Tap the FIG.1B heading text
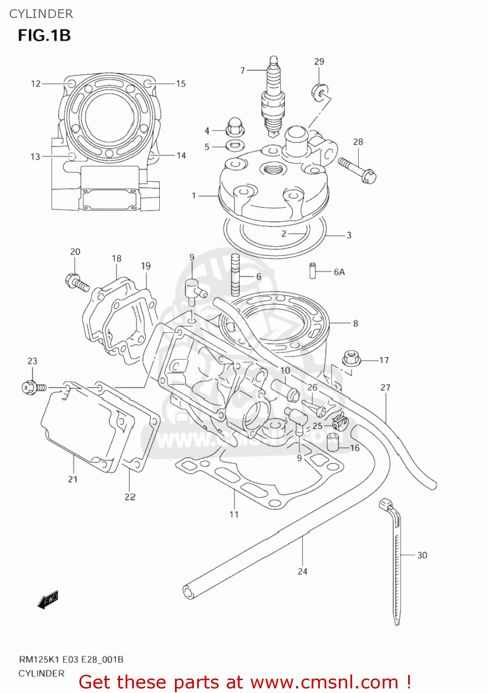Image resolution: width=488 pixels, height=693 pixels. tap(44, 36)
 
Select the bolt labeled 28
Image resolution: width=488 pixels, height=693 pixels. tap(357, 169)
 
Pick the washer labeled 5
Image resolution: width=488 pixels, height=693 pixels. tap(235, 146)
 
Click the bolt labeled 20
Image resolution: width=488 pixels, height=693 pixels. tap(77, 282)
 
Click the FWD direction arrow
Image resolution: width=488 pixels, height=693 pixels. tap(48, 599)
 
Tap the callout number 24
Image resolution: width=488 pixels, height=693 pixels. tap(302, 571)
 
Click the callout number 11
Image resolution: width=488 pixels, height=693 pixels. tap(234, 514)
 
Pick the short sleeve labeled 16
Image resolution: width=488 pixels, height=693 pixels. tap(333, 442)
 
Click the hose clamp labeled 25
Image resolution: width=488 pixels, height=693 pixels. tap(339, 421)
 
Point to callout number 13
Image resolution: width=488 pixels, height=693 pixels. tap(36, 157)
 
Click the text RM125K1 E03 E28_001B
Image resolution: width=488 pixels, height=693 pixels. tap(71, 659)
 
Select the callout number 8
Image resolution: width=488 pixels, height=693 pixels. tap(355, 323)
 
